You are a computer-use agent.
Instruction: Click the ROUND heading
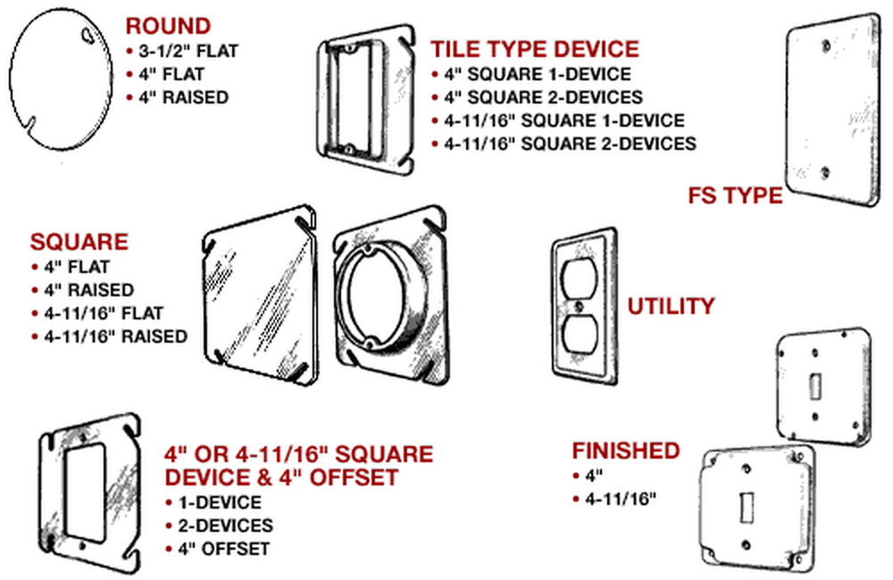point(169,26)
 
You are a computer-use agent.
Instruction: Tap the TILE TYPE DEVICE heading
point(535,49)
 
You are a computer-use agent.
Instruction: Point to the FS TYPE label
point(735,195)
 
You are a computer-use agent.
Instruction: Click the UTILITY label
point(671,306)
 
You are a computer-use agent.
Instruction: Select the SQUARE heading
point(79,242)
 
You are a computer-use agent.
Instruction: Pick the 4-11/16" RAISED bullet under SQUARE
point(115,336)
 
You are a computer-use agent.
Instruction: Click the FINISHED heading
point(626,451)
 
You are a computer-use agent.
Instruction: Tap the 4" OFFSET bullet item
point(224,549)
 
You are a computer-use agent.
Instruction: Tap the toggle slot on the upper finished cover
point(814,387)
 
